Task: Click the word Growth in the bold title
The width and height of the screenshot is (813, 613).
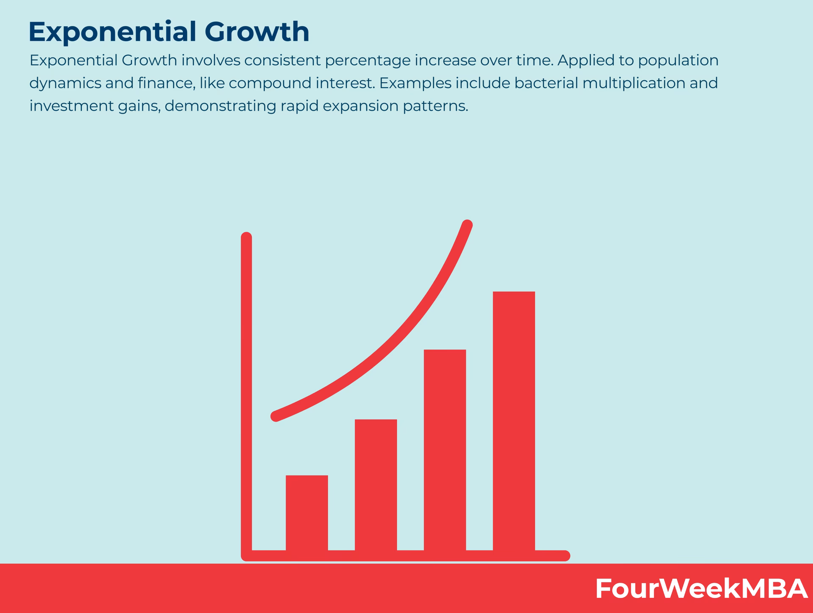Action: tap(257, 32)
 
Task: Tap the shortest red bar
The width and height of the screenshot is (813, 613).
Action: tap(307, 513)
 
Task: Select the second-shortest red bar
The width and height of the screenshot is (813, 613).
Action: tap(376, 485)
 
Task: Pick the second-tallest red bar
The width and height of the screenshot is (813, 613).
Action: tap(445, 450)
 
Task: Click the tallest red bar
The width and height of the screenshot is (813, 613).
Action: tap(514, 421)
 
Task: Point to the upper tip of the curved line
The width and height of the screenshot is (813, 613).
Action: tap(467, 225)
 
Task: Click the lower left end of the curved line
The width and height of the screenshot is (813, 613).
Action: tap(276, 417)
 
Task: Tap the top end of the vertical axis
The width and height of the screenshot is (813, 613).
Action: tap(246, 237)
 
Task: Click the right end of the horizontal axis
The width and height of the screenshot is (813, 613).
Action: tap(565, 556)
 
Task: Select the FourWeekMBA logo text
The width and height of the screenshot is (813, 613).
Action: tap(701, 588)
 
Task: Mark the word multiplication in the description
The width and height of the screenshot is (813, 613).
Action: tap(634, 83)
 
